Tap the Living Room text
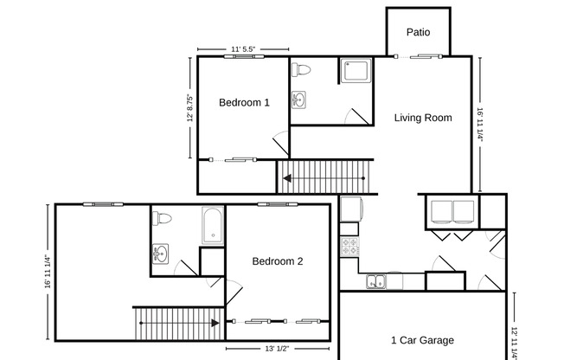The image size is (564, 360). [x=423, y=118]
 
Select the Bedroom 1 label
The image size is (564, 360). [x=244, y=102]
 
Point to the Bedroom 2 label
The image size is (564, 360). [x=278, y=260]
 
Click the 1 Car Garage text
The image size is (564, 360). [x=422, y=340]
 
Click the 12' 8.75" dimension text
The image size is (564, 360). [x=189, y=108]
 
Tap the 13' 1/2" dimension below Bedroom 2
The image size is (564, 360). [x=277, y=348]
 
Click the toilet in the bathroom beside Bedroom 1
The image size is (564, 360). [x=301, y=70]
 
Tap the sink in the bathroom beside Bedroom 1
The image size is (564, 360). [x=298, y=100]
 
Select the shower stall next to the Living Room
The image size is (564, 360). [x=355, y=71]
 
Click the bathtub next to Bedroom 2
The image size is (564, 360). [x=213, y=226]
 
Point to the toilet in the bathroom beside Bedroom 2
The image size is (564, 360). [x=163, y=218]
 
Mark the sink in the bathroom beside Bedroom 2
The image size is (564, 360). [x=160, y=254]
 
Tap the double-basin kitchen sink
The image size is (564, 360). [x=375, y=280]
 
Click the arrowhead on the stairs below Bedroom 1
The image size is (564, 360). [x=285, y=180]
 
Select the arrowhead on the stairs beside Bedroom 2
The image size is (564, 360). [x=214, y=323]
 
